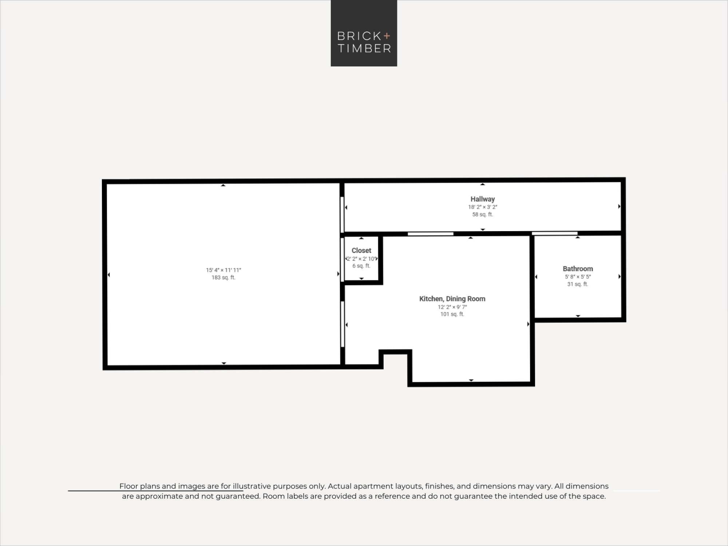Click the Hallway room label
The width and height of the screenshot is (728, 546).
[482, 199]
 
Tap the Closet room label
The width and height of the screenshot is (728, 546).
[361, 250]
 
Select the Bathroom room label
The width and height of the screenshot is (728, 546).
[578, 269]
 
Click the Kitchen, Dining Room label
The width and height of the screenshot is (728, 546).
[452, 299]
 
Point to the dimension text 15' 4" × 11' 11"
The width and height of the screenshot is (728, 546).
[223, 270]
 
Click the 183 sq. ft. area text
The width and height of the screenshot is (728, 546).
[223, 277]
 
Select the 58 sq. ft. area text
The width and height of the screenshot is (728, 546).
[483, 214]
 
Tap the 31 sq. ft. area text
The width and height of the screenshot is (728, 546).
[578, 284]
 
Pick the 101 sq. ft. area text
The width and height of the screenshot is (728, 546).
[452, 314]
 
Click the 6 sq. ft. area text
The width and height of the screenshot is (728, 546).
[361, 266]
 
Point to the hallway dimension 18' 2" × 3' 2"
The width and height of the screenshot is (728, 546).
[483, 207]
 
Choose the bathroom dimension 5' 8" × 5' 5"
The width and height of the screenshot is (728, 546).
[578, 277]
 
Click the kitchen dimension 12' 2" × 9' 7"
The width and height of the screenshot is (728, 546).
[452, 307]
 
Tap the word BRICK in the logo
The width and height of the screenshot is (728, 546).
[359, 36]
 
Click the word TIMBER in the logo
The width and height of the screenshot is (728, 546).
[364, 48]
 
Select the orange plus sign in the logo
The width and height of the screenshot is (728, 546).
[387, 36]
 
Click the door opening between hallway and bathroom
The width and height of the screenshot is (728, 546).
[554, 233]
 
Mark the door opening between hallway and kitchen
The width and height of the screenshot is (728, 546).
[430, 234]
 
